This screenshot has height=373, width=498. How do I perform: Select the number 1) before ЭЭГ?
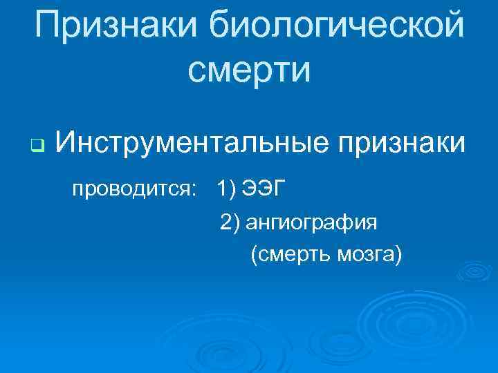point(225,188)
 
